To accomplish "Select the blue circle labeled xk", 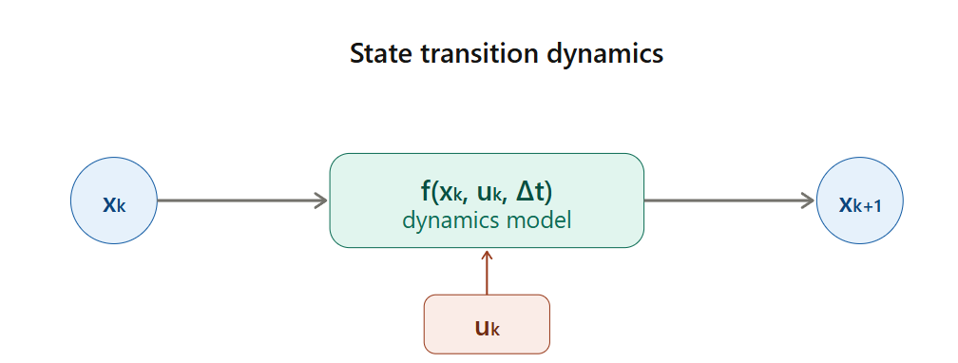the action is click(x=114, y=201).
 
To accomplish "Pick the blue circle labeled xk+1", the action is click(x=859, y=201).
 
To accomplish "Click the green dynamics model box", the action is click(x=487, y=201).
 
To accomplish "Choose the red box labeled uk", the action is click(x=487, y=324).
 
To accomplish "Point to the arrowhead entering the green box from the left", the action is click(x=322, y=201).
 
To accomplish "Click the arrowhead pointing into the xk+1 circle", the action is click(x=808, y=201).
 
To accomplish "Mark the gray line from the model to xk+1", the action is click(x=730, y=201).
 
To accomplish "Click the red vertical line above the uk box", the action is click(x=487, y=272).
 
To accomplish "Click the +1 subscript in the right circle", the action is click(x=873, y=207).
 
